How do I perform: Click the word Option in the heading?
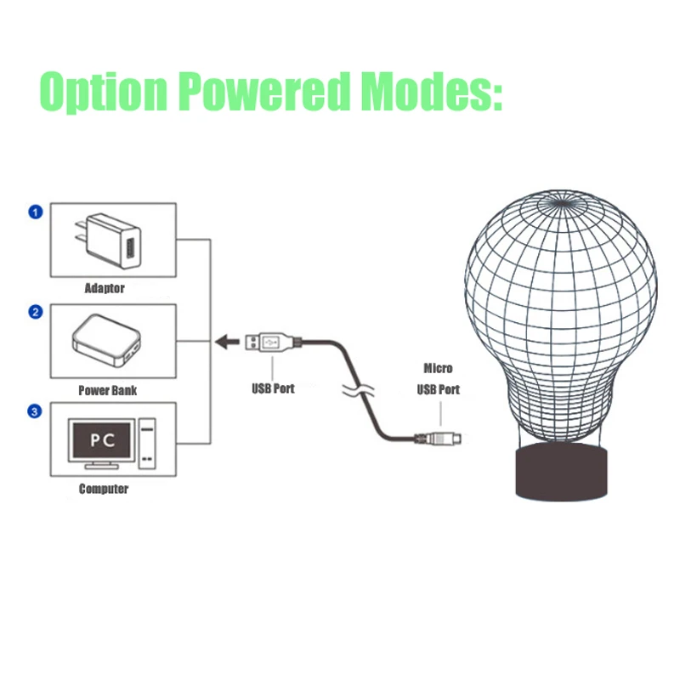pyautogui.click(x=104, y=91)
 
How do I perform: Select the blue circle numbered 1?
pyautogui.click(x=36, y=212)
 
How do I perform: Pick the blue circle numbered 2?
pyautogui.click(x=36, y=312)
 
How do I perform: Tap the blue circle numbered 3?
pyautogui.click(x=35, y=411)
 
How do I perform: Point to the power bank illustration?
pyautogui.click(x=107, y=341)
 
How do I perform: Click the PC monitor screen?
pyautogui.click(x=101, y=440)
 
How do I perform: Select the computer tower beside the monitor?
pyautogui.click(x=147, y=443)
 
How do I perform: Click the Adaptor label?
pyautogui.click(x=105, y=288)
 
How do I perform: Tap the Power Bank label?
pyautogui.click(x=108, y=390)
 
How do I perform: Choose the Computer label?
pyautogui.click(x=104, y=489)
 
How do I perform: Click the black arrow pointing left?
pyautogui.click(x=227, y=343)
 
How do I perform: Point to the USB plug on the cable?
pyautogui.click(x=273, y=343)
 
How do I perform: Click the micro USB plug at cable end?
pyautogui.click(x=438, y=438)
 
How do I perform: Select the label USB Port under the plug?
pyautogui.click(x=273, y=388)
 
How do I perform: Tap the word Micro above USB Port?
pyautogui.click(x=438, y=368)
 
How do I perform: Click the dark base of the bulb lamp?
pyautogui.click(x=561, y=472)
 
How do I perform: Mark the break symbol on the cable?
pyautogui.click(x=358, y=389)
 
